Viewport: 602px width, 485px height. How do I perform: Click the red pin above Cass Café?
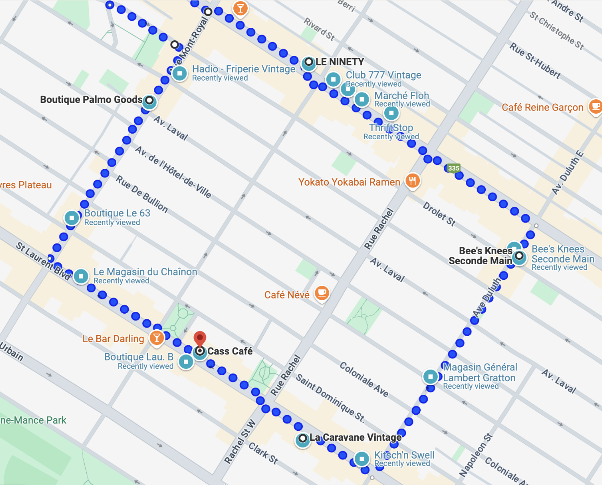pyautogui.click(x=200, y=338)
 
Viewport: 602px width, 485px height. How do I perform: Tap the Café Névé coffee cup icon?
pyautogui.click(x=321, y=293)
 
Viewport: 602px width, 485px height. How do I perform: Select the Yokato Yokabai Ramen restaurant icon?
pyautogui.click(x=412, y=180)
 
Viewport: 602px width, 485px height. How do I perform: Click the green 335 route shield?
pyautogui.click(x=454, y=168)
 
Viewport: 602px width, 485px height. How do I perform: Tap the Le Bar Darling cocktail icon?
pyautogui.click(x=157, y=338)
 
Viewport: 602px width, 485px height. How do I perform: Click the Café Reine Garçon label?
pyautogui.click(x=542, y=107)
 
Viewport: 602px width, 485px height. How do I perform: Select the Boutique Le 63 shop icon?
pyautogui.click(x=72, y=217)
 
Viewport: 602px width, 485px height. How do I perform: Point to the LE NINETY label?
pyautogui.click(x=340, y=62)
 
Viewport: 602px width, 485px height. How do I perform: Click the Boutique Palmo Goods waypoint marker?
pyautogui.click(x=149, y=101)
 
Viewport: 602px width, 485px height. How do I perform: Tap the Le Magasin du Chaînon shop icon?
pyautogui.click(x=81, y=276)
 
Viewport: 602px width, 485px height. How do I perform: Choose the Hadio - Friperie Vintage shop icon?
pyautogui.click(x=180, y=73)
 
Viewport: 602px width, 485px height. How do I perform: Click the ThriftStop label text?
pyautogui.click(x=391, y=128)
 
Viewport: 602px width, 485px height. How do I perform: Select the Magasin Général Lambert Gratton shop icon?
pyautogui.click(x=430, y=377)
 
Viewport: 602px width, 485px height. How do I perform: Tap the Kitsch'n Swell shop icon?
pyautogui.click(x=362, y=459)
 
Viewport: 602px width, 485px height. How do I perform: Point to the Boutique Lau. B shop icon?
pyautogui.click(x=186, y=361)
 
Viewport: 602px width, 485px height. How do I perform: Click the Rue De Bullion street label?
pyautogui.click(x=142, y=193)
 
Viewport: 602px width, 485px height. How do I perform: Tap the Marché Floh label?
pyautogui.click(x=402, y=95)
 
